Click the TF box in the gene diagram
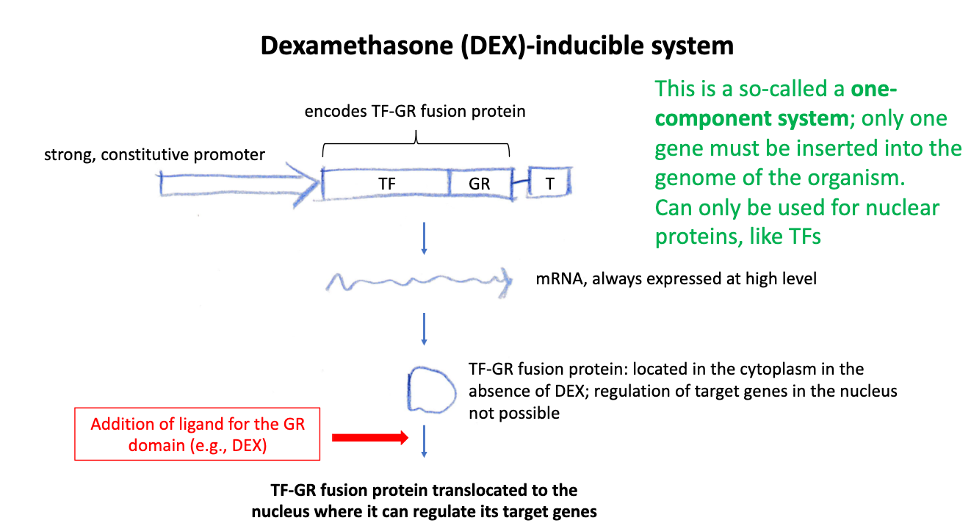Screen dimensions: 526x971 pyautogui.click(x=386, y=184)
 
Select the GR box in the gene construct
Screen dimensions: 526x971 pyautogui.click(x=480, y=184)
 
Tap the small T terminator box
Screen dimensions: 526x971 pyautogui.click(x=549, y=184)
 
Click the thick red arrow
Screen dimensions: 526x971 pyautogui.click(x=369, y=438)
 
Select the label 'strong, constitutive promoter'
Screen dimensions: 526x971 pyautogui.click(x=154, y=155)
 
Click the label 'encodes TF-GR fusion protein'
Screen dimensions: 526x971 pyautogui.click(x=415, y=112)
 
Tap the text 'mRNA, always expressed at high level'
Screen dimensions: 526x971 pyautogui.click(x=676, y=279)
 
